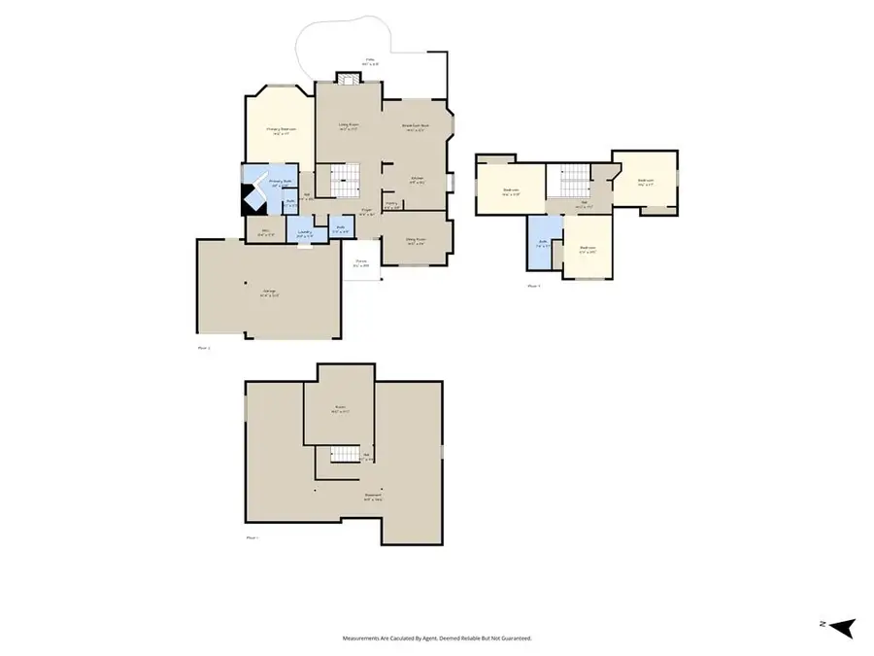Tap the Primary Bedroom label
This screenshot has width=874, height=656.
[x=281, y=130]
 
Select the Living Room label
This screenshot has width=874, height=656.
[x=349, y=126]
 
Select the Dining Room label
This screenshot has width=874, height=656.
[x=417, y=243]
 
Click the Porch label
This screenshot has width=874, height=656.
[x=360, y=262]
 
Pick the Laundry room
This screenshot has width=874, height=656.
[x=305, y=233]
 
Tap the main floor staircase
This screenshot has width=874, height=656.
[x=346, y=180]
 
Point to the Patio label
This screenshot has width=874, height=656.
[x=371, y=61]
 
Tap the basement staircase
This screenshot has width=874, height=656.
[x=341, y=454]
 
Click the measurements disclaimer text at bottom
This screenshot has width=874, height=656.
[x=436, y=639]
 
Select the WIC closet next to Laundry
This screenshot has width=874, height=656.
[x=261, y=233]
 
